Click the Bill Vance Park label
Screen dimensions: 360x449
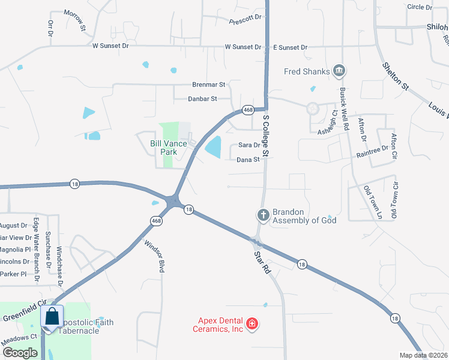pos(164,148)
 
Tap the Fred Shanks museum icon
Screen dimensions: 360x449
pos(339,71)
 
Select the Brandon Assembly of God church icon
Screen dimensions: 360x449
pos(263,214)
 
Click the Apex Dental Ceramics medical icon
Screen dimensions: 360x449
pos(252,325)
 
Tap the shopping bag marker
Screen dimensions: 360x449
pos(52,316)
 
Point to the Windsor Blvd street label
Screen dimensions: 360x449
pos(154,256)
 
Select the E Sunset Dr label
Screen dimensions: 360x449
pos(290,47)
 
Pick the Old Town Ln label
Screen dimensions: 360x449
pos(372,201)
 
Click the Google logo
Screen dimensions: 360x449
pos(20,352)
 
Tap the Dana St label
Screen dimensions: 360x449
pos(248,160)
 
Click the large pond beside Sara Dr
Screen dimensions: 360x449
pos(213,146)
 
